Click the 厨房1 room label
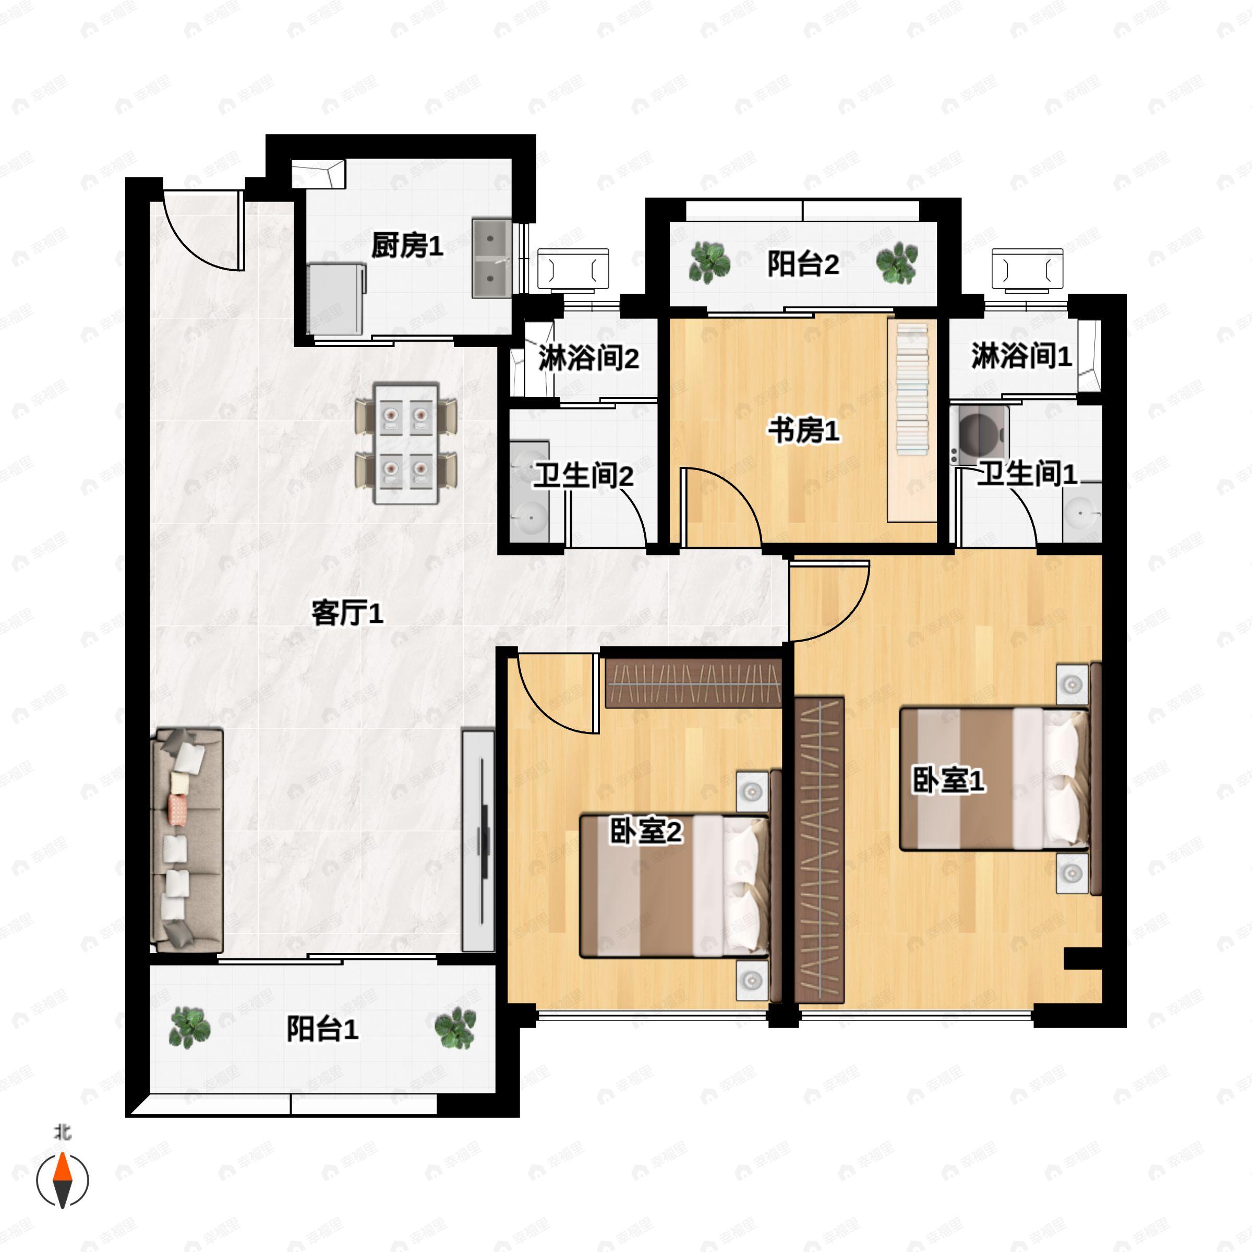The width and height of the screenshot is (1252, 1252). point(407,246)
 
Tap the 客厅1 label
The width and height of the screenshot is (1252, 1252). point(347,612)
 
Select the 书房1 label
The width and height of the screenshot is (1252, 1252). point(803,431)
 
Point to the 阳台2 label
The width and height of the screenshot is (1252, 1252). point(803,264)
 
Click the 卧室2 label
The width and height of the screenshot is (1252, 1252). point(646,832)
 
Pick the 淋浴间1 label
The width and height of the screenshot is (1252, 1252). point(1021,356)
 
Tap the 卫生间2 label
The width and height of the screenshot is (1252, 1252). point(583,476)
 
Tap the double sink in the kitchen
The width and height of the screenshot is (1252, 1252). point(491,258)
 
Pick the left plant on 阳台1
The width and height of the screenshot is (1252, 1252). point(189,1028)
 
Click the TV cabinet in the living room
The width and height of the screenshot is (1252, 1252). point(478,840)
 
